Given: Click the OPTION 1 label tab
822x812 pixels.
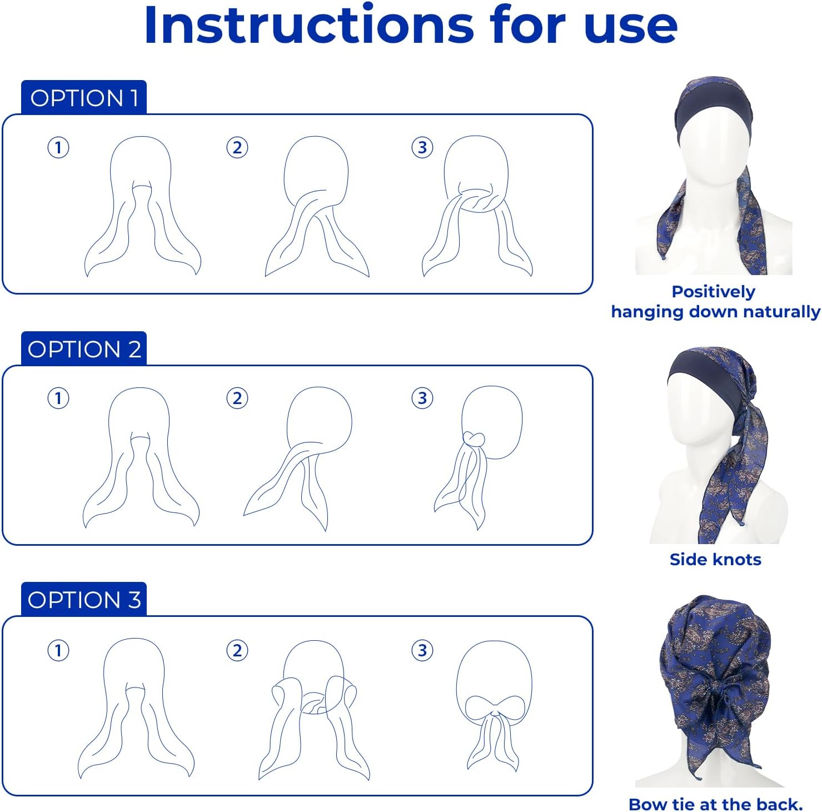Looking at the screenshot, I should [x=83, y=98].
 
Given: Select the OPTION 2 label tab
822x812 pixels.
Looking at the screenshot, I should [x=84, y=349].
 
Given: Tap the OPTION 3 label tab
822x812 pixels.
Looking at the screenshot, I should [x=84, y=600].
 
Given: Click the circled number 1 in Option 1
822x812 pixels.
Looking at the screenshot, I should [x=58, y=148].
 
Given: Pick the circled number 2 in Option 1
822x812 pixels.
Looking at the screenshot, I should [x=237, y=148].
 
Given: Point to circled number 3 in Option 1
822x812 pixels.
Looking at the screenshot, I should [x=422, y=148].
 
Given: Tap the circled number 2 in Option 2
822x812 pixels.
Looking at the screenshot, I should [x=237, y=398].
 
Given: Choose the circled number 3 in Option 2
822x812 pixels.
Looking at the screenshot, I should [x=422, y=398].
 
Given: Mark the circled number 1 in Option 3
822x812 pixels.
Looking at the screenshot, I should [x=58, y=650].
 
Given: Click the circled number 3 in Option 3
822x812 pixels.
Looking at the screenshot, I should [x=422, y=650].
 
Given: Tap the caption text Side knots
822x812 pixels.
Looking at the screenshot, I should [x=715, y=560].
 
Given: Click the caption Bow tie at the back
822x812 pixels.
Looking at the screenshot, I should [x=715, y=804].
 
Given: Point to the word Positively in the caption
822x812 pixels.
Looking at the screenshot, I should [x=713, y=292].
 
